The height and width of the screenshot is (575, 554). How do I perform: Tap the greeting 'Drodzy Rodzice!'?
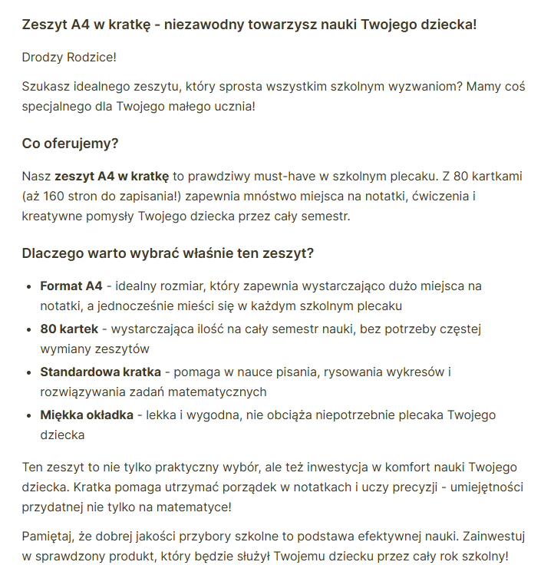pos(69,58)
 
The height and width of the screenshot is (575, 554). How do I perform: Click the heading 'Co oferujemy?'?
pos(70,144)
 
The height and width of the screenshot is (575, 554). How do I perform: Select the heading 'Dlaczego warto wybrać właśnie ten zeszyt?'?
pos(167,253)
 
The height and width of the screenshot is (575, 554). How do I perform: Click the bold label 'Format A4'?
pos(71,286)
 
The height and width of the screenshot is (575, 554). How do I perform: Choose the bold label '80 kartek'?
pos(69,329)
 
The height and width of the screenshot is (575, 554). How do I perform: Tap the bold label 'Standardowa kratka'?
pos(101,372)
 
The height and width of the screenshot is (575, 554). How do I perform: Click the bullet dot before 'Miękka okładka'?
pos(29,415)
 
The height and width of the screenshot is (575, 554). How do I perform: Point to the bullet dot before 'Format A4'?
pos(29,286)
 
